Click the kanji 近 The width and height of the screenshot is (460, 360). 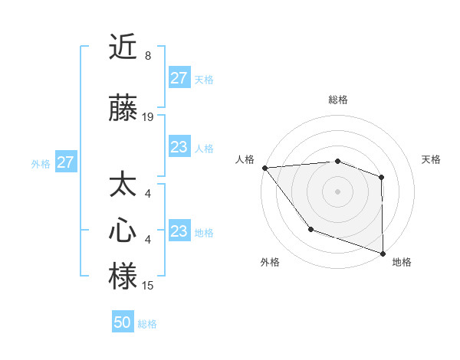(x=123, y=47)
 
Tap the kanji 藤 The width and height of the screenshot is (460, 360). (x=123, y=110)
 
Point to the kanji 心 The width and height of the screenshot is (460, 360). (x=123, y=231)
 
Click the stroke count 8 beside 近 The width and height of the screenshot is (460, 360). (x=147, y=56)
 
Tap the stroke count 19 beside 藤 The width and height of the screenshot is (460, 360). (x=148, y=117)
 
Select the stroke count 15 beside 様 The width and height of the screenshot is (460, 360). (x=148, y=286)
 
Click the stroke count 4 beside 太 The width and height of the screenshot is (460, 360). (x=147, y=194)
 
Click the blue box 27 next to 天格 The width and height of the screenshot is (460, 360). (x=179, y=78)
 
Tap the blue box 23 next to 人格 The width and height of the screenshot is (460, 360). (x=179, y=147)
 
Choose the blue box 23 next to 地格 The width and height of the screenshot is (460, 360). (x=179, y=231)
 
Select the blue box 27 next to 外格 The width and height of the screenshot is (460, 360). (x=65, y=162)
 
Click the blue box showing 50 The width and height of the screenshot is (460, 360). (x=123, y=322)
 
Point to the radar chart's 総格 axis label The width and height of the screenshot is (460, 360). (x=337, y=100)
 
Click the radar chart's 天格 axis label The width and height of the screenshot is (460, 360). (x=431, y=159)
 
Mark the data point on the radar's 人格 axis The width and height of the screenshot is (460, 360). (x=264, y=167)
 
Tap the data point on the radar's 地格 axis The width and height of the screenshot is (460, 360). (x=383, y=253)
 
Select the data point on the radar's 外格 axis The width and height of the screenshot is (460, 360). (x=310, y=228)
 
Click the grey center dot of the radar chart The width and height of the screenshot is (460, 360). (x=337, y=191)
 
